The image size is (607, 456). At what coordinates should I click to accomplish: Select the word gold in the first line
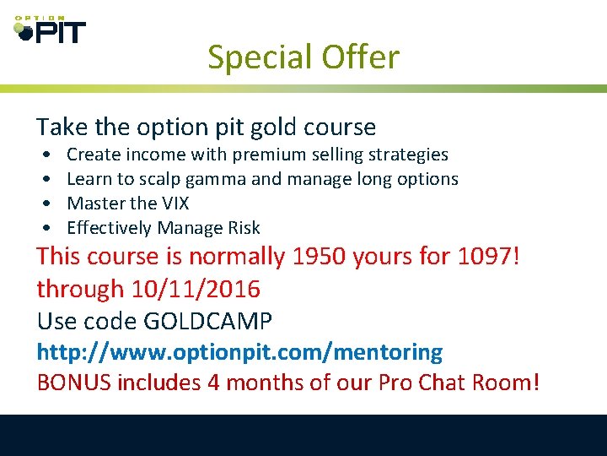[x=261, y=128]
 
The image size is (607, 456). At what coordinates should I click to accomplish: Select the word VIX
[x=172, y=204]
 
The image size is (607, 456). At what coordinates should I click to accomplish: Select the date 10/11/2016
[x=196, y=289]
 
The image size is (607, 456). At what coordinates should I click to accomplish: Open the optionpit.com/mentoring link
[x=239, y=352]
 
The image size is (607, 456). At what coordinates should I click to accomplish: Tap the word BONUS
[x=74, y=383]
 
